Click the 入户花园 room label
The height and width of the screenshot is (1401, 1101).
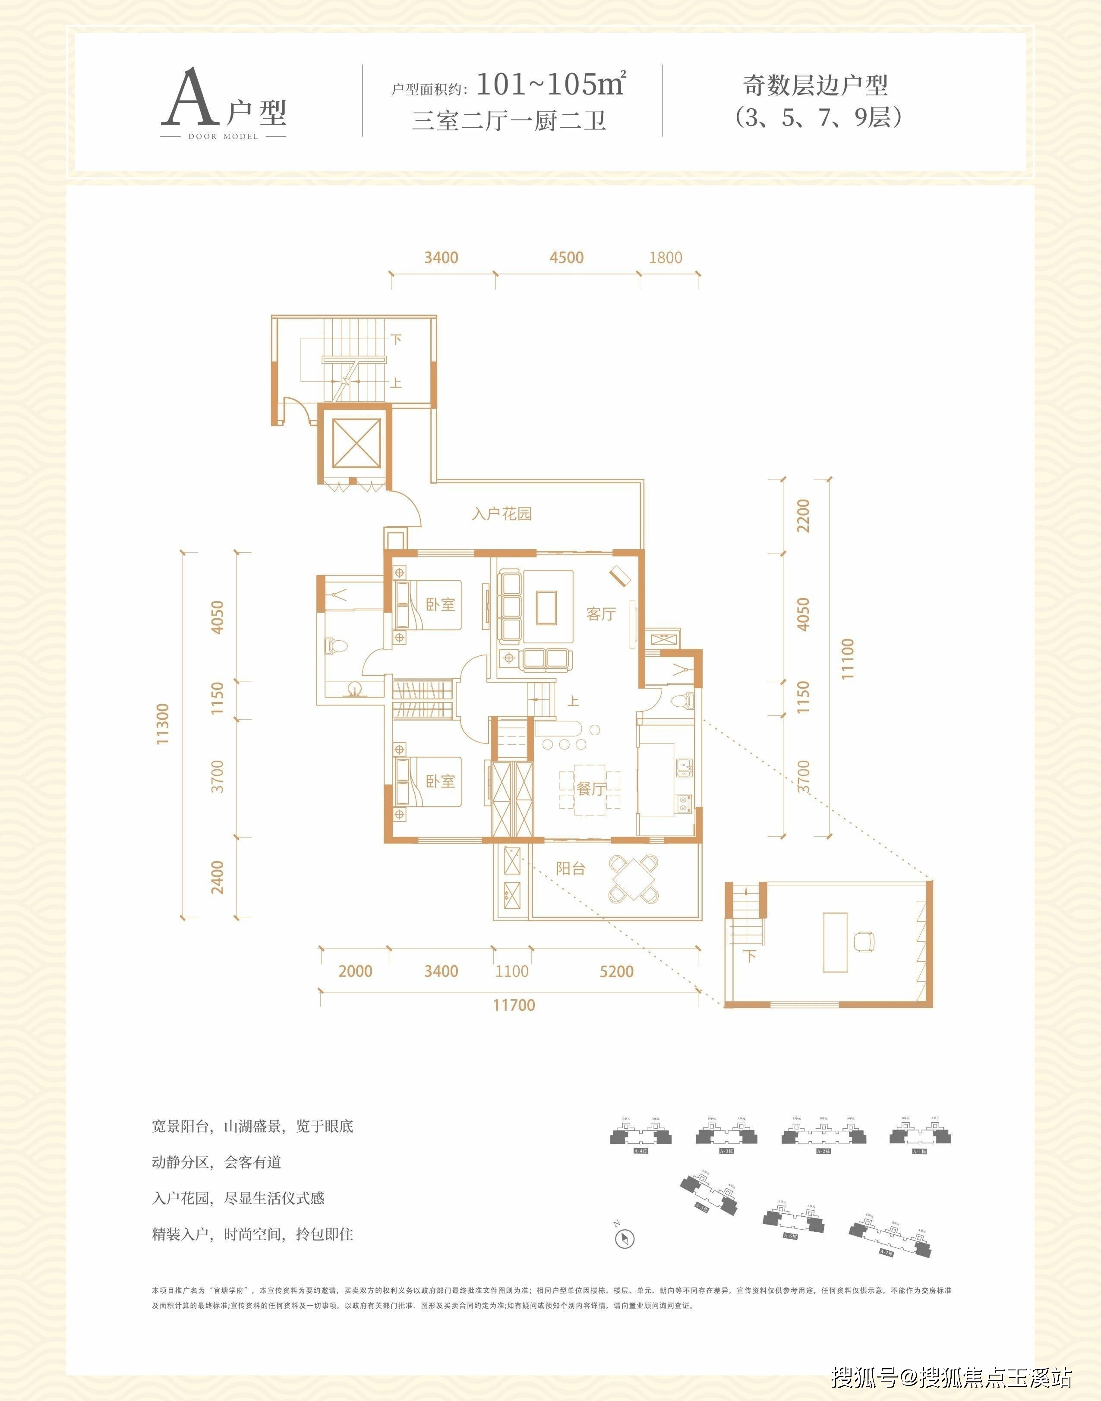(502, 513)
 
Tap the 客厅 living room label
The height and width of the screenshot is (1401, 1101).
(600, 614)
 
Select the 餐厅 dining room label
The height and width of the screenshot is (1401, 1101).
(590, 788)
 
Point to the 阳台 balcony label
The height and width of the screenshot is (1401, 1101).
(571, 869)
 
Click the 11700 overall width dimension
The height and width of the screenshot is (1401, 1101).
(514, 1004)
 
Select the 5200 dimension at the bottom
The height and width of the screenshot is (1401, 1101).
(616, 971)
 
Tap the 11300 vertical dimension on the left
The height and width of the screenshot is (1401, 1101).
(162, 724)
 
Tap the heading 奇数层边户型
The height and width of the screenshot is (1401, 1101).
(815, 85)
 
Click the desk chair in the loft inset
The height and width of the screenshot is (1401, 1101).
(864, 941)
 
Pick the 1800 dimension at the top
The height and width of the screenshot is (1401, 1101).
(665, 258)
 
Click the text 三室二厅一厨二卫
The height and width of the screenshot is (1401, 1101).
(508, 120)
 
